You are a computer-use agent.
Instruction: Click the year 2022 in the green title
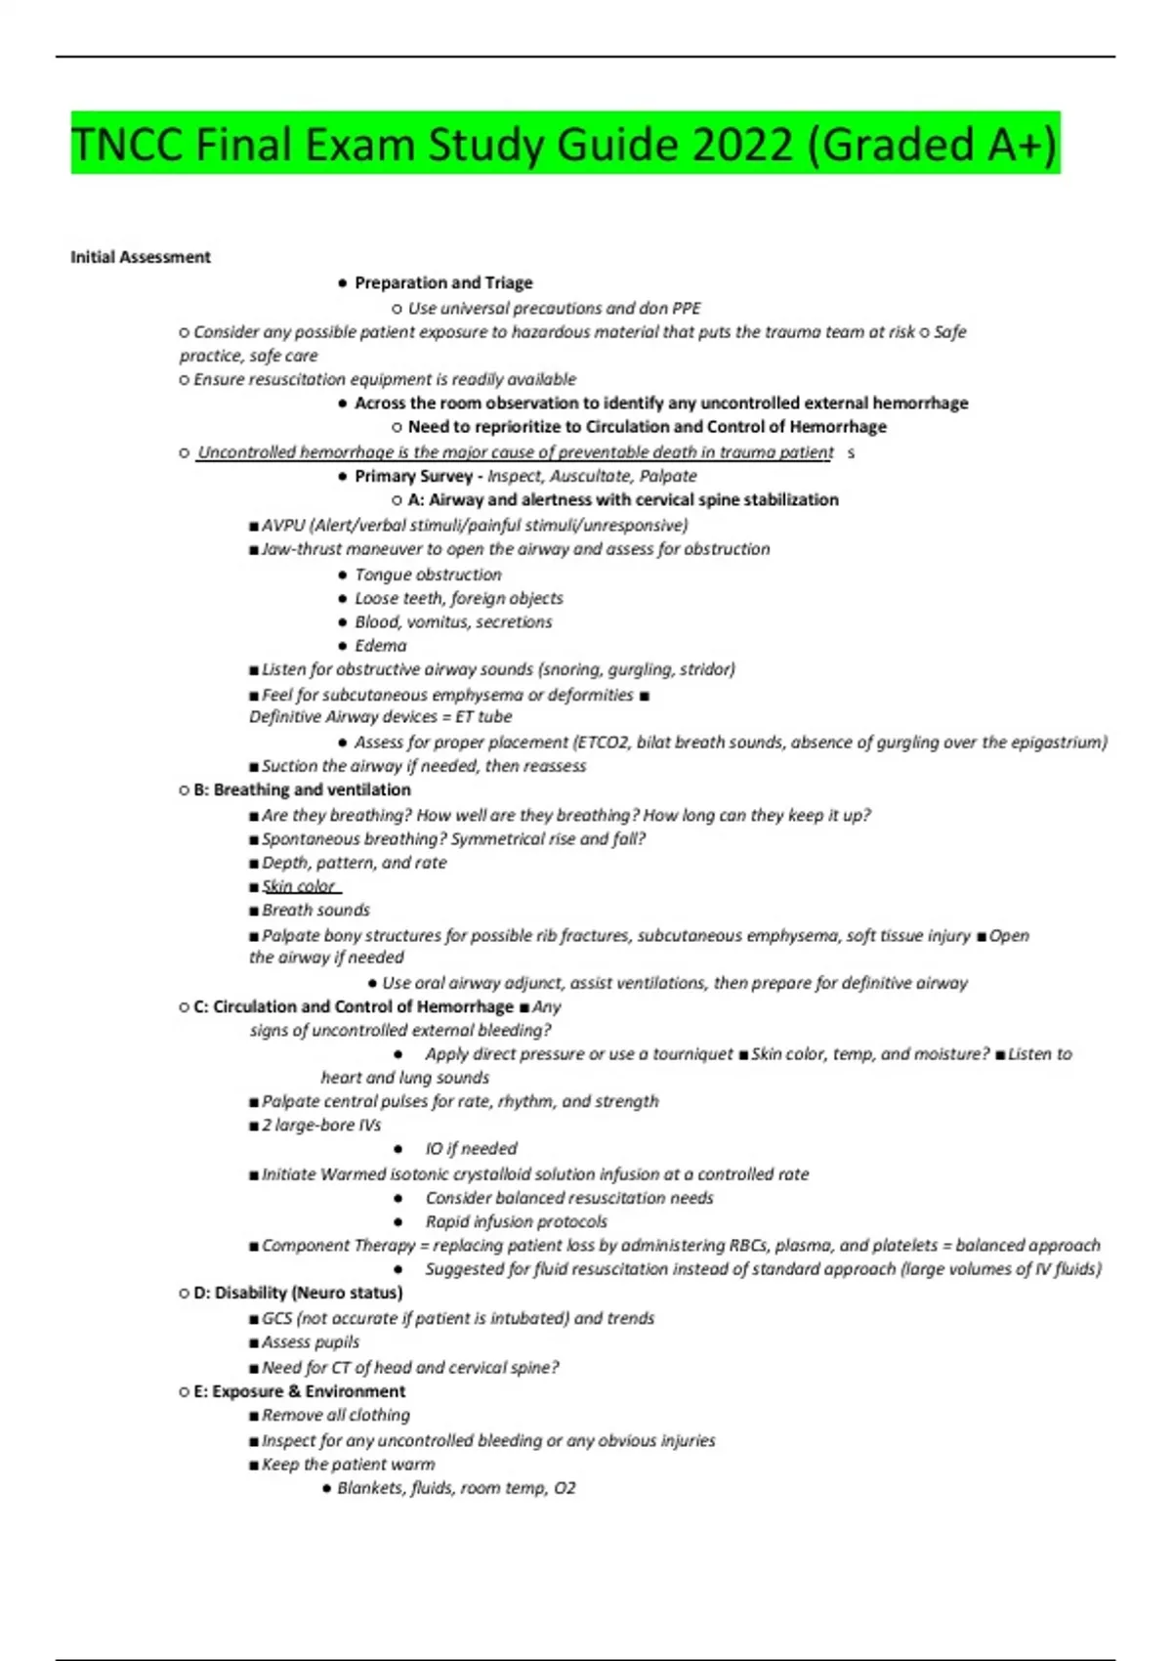742,145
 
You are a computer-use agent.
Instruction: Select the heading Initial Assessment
141,257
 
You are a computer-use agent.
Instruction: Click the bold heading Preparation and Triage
443,282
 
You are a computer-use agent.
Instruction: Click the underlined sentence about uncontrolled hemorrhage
515,452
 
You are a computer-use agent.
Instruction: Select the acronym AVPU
283,525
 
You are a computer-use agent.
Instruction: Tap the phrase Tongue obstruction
428,575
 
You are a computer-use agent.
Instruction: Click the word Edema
381,646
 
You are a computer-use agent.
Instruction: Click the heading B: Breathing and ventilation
302,789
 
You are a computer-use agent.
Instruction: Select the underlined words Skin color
298,886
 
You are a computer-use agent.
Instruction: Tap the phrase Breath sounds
315,910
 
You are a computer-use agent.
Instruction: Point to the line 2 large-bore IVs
321,1125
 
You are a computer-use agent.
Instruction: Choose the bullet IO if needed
471,1149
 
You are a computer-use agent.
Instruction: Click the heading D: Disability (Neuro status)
298,1293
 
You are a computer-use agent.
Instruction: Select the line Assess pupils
311,1342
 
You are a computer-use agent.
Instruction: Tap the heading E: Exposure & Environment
300,1391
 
